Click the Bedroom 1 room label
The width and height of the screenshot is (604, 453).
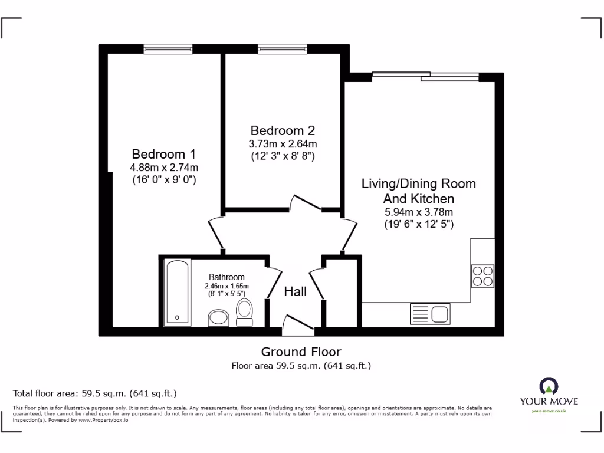click(163, 155)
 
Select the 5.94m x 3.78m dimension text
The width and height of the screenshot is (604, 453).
click(418, 212)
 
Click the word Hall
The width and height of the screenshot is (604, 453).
click(296, 291)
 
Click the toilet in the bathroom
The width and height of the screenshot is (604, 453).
click(244, 311)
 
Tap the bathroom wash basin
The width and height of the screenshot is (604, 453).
click(219, 319)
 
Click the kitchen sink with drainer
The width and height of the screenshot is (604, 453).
click(430, 313)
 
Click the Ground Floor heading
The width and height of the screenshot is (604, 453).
click(301, 352)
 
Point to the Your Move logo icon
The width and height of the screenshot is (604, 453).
click(549, 387)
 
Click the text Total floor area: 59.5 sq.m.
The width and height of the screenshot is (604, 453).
click(95, 393)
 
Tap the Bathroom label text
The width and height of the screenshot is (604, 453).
click(226, 277)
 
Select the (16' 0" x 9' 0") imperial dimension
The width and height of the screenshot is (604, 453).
click(163, 180)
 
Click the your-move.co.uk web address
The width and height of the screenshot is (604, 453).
click(549, 411)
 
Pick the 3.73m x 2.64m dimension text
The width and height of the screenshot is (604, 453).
click(283, 144)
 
